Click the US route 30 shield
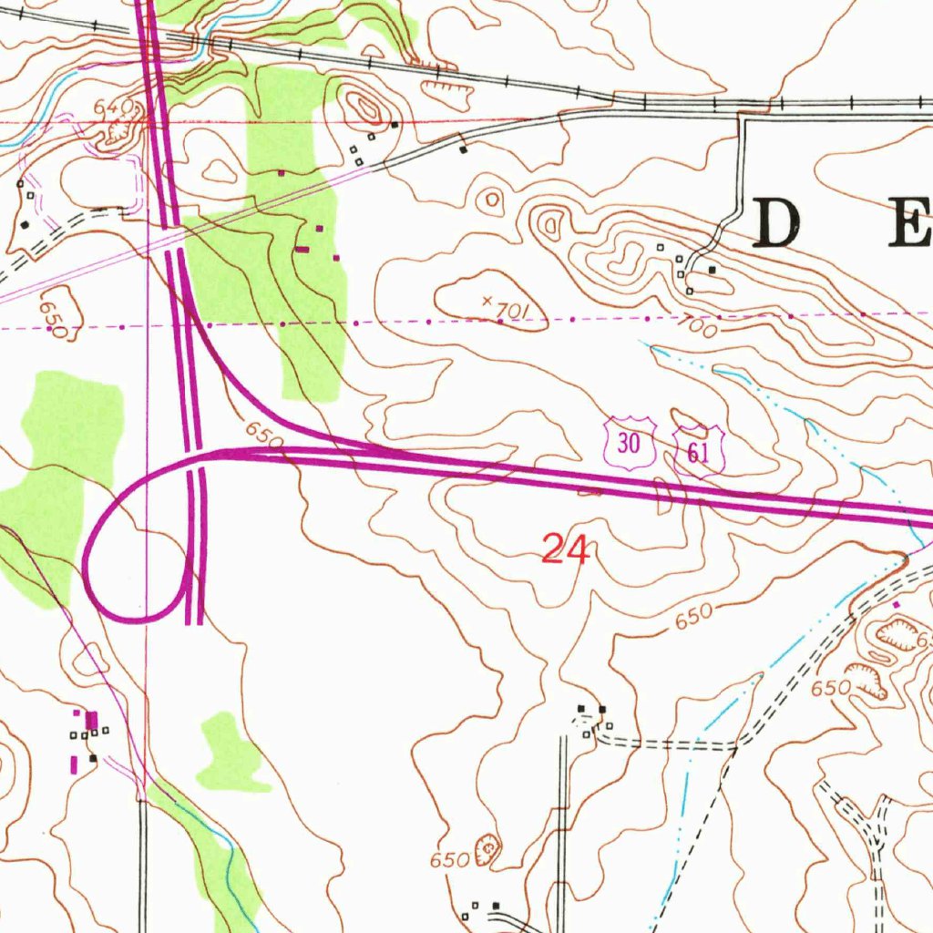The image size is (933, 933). coord(629,444)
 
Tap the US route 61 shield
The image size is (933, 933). coord(699,451)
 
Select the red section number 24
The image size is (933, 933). coord(566,550)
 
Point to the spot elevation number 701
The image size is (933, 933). coord(513,312)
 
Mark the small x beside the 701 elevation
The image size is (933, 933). coord(487,300)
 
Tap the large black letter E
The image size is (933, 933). coord(911,223)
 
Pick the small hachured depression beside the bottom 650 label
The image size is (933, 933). coord(488,848)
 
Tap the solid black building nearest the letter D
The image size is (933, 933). coord(713,269)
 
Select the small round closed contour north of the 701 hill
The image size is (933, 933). coord(493,199)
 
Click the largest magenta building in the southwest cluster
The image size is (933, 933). coord(91,721)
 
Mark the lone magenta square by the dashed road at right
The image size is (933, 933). coord(896,604)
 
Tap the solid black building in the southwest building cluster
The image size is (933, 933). coord(93,757)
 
